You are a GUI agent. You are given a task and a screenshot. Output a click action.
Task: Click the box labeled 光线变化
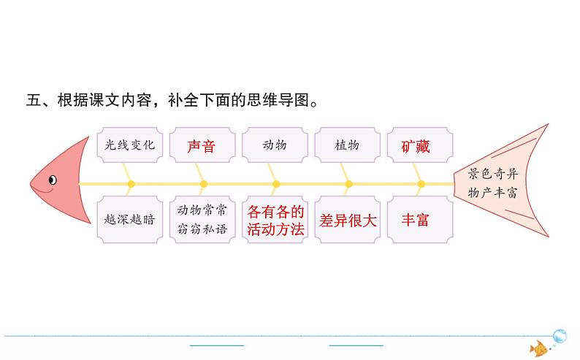(x=129, y=145)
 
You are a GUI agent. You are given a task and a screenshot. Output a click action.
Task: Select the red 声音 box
(x=202, y=145)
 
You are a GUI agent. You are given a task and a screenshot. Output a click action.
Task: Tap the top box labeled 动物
(x=275, y=145)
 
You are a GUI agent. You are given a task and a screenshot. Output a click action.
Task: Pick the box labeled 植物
(x=346, y=145)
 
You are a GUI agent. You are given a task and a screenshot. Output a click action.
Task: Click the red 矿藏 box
(x=416, y=145)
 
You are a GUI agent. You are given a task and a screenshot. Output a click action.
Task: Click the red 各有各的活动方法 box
(x=275, y=220)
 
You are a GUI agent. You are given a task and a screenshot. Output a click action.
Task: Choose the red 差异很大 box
(x=347, y=220)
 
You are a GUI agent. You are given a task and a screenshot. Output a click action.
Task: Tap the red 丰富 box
(x=416, y=220)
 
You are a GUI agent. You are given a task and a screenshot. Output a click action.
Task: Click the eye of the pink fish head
(x=53, y=179)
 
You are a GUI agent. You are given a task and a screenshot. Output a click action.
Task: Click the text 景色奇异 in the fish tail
(x=493, y=174)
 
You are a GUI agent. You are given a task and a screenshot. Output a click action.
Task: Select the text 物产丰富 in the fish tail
(x=493, y=193)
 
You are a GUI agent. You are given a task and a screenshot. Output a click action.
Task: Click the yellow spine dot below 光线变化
(x=131, y=183)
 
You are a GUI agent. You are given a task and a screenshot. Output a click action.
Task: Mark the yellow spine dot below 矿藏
(x=420, y=183)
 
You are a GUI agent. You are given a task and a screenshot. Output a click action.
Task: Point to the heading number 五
(x=34, y=101)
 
